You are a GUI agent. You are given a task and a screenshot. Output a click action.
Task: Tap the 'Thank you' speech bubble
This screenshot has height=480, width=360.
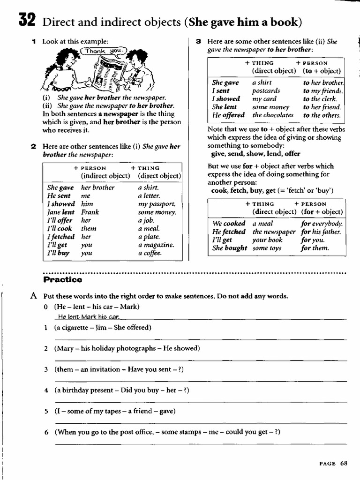pyautogui.click(x=97, y=51)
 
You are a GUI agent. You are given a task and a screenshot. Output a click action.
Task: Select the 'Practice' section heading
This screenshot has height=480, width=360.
pyautogui.click(x=62, y=280)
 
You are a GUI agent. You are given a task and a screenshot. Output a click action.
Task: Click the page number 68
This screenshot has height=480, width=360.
pyautogui.click(x=344, y=463)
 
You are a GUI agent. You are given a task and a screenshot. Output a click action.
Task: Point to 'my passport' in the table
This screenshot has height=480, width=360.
pyautogui.click(x=157, y=204)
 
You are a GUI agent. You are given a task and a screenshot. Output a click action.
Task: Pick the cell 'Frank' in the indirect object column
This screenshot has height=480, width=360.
pyautogui.click(x=90, y=212)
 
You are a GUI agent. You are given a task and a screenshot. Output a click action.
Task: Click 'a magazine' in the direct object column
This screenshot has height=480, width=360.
pyautogui.click(x=156, y=245)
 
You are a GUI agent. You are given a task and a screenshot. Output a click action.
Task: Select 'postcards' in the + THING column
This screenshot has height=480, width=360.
pyautogui.click(x=266, y=91)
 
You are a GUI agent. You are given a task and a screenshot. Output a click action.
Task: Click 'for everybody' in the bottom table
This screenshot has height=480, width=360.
pyautogui.click(x=322, y=224)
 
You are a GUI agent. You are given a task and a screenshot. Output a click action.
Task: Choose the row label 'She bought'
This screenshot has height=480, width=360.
pyautogui.click(x=230, y=248)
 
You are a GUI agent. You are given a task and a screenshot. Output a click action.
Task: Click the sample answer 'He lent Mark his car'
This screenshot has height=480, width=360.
pyautogui.click(x=86, y=317)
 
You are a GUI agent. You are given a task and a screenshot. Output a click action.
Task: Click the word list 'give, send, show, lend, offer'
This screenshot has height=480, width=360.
pyautogui.click(x=256, y=154)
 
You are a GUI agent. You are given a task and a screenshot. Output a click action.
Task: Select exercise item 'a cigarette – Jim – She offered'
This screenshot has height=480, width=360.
pyautogui.click(x=103, y=328)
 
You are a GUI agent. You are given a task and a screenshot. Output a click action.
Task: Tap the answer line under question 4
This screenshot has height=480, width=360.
pyautogui.click(x=201, y=402)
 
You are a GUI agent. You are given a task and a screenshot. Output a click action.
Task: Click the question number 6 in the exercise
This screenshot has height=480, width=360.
pyautogui.click(x=46, y=432)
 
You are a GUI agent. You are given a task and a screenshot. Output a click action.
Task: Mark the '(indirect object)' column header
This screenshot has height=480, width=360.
pyautogui.click(x=105, y=176)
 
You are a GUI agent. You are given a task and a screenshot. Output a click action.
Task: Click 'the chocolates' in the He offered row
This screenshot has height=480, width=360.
pyautogui.click(x=273, y=115)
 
